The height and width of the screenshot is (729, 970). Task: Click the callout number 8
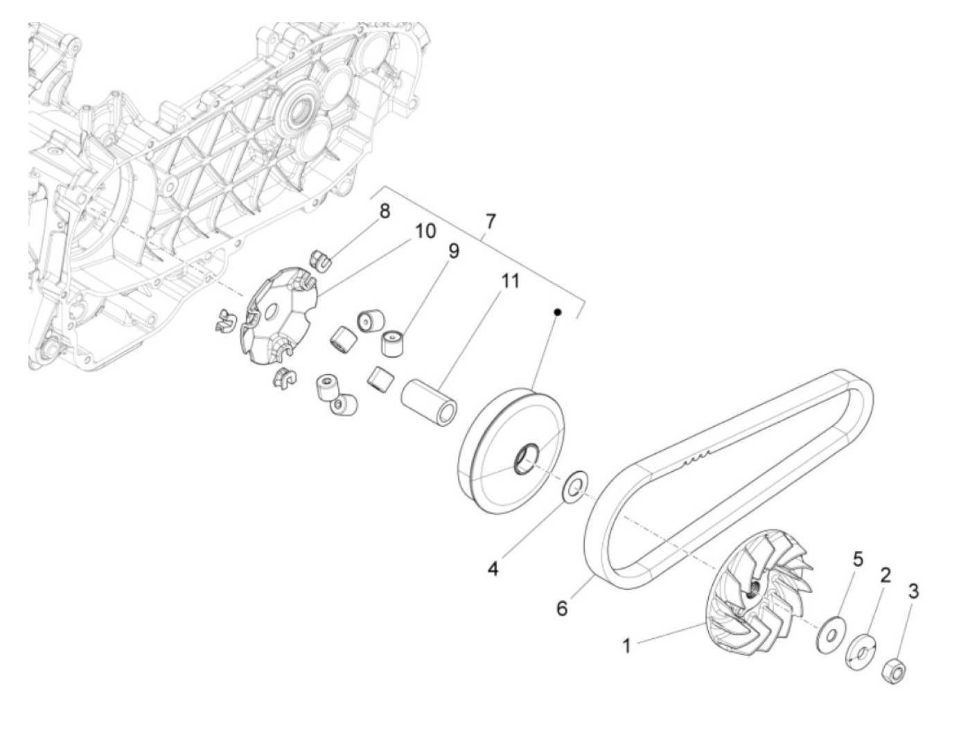385,211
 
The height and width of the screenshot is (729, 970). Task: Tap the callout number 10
425,231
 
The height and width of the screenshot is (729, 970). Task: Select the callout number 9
453,250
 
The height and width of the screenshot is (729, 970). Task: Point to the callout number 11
511,281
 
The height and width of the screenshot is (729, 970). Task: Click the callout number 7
491,222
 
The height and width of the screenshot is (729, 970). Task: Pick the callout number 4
493,569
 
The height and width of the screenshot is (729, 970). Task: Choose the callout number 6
562,608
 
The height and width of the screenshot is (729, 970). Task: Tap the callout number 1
626,646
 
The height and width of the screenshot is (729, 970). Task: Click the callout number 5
858,559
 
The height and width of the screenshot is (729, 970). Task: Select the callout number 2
885,574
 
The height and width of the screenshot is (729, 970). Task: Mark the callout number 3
913,591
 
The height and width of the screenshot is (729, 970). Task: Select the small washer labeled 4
574,486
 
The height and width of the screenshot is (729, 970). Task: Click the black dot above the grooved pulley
556,313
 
